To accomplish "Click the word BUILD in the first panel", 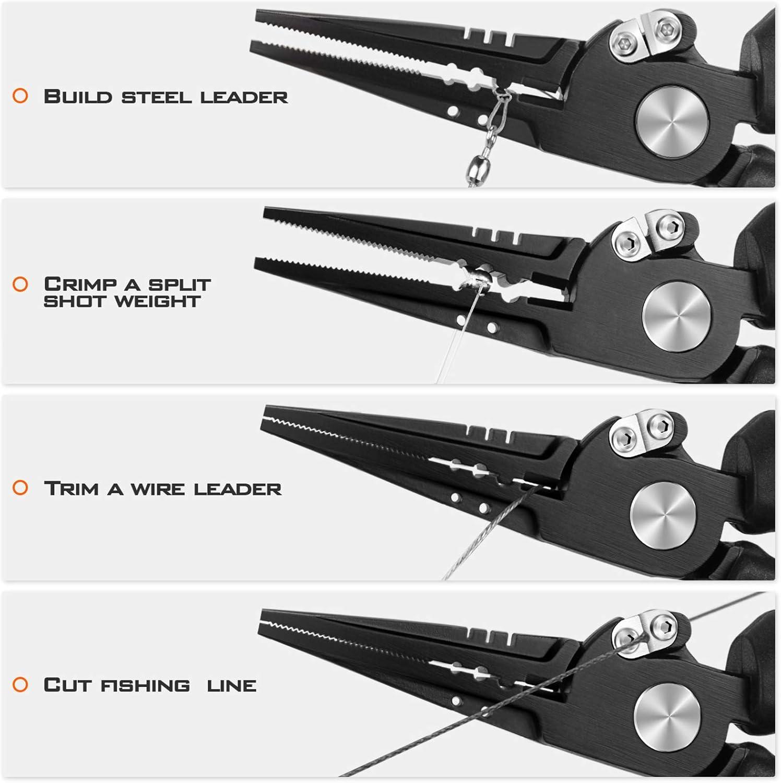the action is (78, 97).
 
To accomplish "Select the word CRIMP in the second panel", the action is (80, 284).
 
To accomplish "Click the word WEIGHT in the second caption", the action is (158, 301).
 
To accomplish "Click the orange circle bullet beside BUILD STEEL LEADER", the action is (20, 96).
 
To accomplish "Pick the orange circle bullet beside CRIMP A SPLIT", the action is (20, 284).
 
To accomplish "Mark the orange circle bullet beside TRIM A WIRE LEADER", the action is (20, 488).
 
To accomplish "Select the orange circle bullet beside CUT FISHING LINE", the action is (20, 684).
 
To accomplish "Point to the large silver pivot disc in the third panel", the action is (664, 516).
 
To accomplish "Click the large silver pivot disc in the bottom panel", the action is (668, 718).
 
